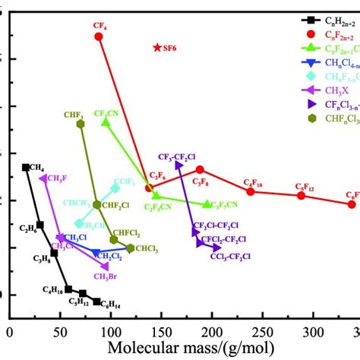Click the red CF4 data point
pyautogui.click(x=99, y=36)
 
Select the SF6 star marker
pyautogui.click(x=157, y=47)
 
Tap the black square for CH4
pyautogui.click(x=26, y=167)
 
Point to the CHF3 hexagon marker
pyautogui.click(x=81, y=124)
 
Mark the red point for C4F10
pyautogui.click(x=251, y=191)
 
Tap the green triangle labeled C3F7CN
pyautogui.click(x=207, y=204)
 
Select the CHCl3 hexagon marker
pyautogui.click(x=130, y=248)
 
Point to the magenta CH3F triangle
pyautogui.click(x=43, y=178)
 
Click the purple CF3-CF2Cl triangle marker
pyautogui.click(x=177, y=165)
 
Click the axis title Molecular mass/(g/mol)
pyautogui.click(x=180, y=349)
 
